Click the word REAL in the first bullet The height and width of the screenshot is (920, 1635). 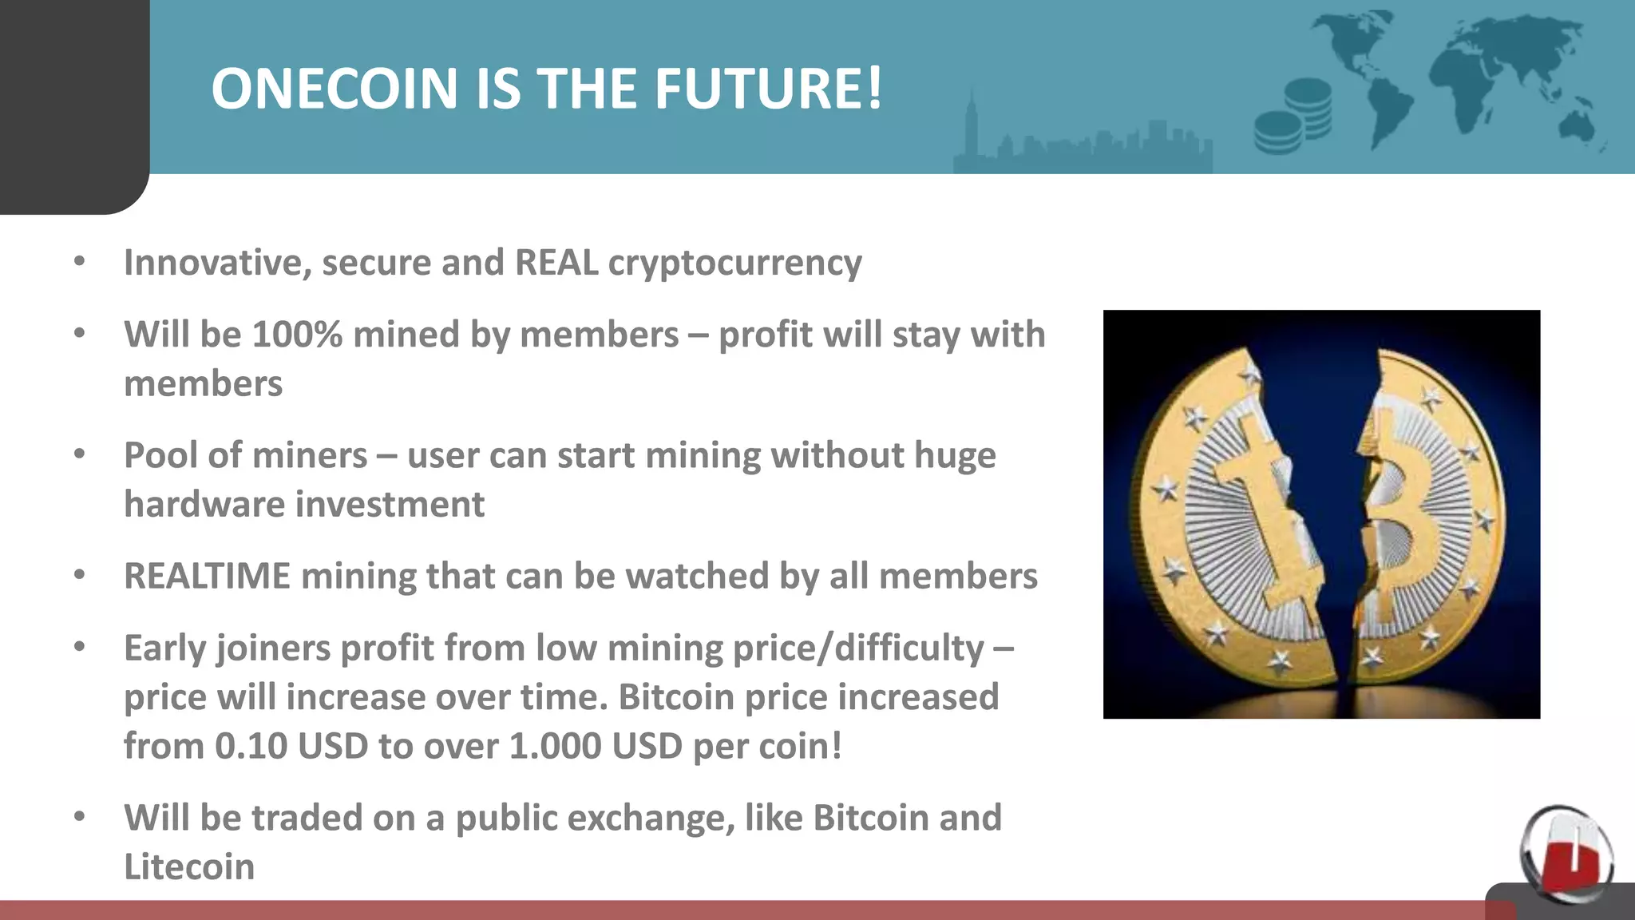[x=556, y=263]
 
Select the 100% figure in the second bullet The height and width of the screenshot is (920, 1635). [x=297, y=335]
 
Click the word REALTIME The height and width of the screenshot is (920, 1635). [x=207, y=577]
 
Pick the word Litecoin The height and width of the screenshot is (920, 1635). [x=189, y=867]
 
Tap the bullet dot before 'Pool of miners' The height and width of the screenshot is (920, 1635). [x=79, y=454]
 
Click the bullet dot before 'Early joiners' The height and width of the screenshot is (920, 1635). [x=79, y=647]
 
